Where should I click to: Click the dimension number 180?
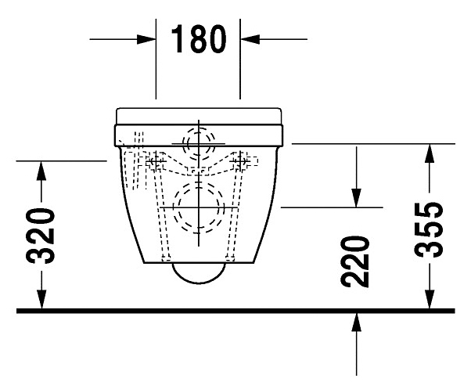[198, 39]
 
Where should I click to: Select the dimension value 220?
[357, 261]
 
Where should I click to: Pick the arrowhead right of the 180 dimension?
[249, 38]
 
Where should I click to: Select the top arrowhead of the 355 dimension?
[429, 154]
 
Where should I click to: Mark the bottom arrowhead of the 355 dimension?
[429, 301]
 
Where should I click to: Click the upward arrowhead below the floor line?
[357, 321]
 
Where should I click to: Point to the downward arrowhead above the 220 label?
[357, 197]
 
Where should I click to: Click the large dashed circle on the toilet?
[199, 208]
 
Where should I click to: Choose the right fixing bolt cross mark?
[243, 162]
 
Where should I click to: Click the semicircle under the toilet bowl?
[198, 272]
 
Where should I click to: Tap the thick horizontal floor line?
[235, 311]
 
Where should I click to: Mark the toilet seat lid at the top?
[198, 114]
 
